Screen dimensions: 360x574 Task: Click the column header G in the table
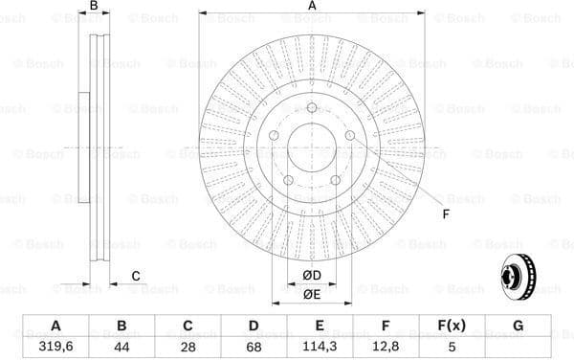(518, 326)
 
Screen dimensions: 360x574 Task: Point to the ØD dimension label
(313, 277)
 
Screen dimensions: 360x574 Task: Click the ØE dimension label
(313, 295)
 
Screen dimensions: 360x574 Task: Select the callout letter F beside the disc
(445, 214)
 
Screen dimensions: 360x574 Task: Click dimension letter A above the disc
(312, 8)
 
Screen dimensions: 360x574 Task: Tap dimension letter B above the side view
(94, 8)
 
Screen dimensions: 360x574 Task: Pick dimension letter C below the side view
(136, 277)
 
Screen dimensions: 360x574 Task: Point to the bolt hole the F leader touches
(350, 136)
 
